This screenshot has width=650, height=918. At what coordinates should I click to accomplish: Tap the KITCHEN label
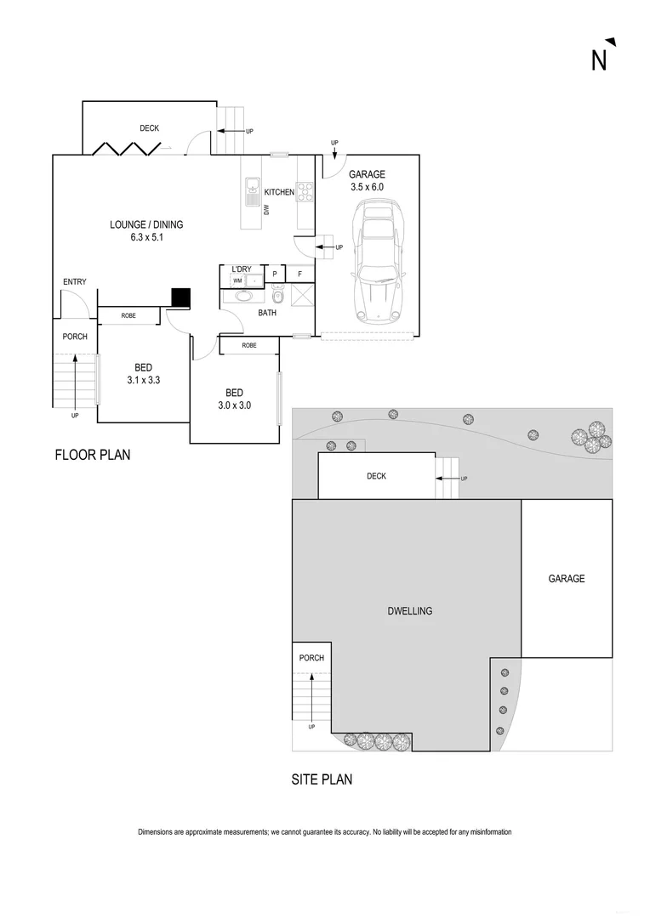coord(279,192)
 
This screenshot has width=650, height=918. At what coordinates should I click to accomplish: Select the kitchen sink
coord(253,191)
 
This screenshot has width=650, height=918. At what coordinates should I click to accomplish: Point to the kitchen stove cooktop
coord(305,193)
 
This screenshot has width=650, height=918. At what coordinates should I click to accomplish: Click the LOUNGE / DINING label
coord(146,225)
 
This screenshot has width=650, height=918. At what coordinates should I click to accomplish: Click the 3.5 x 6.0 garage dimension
coord(367,187)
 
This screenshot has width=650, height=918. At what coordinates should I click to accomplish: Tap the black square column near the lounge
coord(180,297)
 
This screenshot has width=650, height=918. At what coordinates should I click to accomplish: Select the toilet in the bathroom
coord(277,295)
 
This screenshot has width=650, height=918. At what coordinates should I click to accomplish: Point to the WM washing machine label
coord(237,280)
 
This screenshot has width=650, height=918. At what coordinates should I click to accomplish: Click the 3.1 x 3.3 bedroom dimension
coord(142,380)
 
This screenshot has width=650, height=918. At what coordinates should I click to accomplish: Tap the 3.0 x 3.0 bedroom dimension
coord(234,405)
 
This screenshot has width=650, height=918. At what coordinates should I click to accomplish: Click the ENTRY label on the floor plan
coord(75,282)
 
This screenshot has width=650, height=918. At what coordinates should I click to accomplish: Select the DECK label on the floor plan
coord(150,128)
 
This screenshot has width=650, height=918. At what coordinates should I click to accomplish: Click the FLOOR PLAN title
coord(93,455)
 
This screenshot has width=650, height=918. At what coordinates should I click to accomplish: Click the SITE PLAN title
coord(322,779)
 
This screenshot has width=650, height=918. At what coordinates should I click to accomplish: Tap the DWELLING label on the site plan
coord(410,610)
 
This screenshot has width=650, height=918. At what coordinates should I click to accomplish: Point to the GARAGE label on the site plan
coord(566,579)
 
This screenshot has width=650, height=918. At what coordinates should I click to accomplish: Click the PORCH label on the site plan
coord(311,657)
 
